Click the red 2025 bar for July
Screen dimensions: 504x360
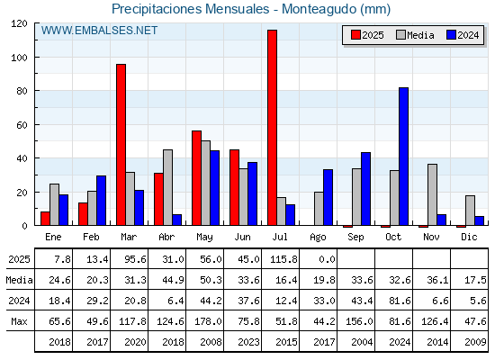(x=272, y=128)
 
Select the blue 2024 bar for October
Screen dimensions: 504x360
(x=403, y=157)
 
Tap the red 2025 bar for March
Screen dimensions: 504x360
(x=121, y=145)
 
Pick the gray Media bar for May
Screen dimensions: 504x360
(x=206, y=183)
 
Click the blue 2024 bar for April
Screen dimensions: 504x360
(x=176, y=220)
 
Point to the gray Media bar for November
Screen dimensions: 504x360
(x=432, y=194)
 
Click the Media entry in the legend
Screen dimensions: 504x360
(x=415, y=35)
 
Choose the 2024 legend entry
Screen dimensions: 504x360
(x=463, y=35)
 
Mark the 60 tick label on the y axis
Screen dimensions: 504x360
(x=22, y=125)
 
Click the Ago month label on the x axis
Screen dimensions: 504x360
(x=318, y=238)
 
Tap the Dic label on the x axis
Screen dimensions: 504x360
(x=469, y=237)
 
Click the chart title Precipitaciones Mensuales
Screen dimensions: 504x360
(x=190, y=9)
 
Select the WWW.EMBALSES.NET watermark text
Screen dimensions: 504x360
(x=99, y=31)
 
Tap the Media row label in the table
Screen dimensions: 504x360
(x=19, y=280)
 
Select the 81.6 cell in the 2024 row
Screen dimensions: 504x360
(x=400, y=301)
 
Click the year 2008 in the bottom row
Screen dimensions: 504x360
(x=211, y=342)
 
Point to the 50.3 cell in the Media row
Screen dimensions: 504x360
(x=211, y=280)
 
